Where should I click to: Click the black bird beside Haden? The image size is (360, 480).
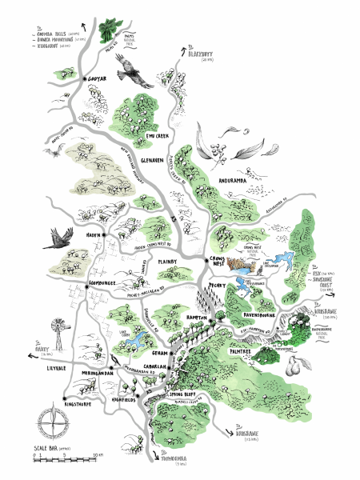click(x=58, y=238)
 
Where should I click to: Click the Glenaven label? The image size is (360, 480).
click(x=152, y=161)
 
